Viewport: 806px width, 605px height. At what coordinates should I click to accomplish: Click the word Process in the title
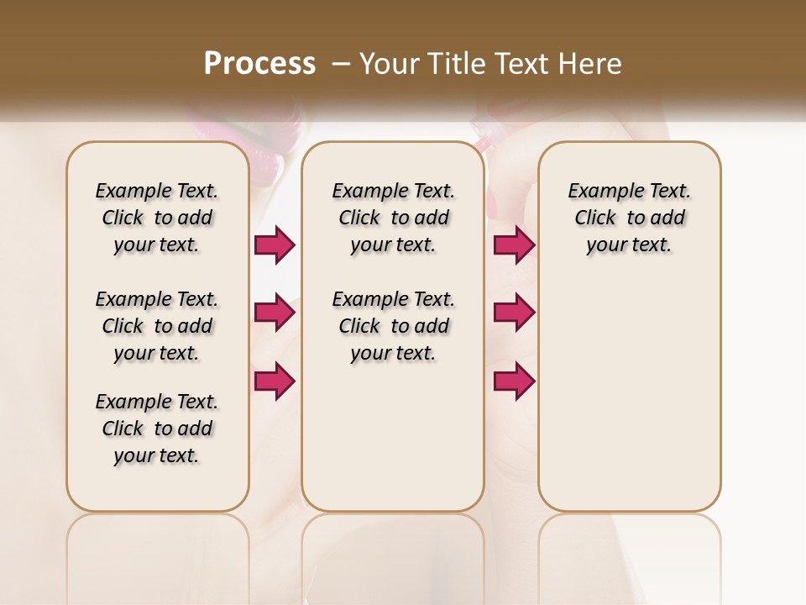259,63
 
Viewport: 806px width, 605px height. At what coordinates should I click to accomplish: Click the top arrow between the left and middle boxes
275,245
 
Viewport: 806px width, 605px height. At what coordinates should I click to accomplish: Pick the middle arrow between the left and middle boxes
275,313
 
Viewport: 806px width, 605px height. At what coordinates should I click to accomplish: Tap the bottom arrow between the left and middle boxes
275,381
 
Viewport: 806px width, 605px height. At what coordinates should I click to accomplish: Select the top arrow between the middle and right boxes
514,245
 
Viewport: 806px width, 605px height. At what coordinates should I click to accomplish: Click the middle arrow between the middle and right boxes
514,313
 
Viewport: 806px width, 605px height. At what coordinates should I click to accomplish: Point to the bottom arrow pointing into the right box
514,381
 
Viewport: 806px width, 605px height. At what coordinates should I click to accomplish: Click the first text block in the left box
157,218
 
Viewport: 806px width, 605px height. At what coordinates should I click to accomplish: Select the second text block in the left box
157,326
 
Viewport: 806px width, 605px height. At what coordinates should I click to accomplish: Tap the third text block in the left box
157,429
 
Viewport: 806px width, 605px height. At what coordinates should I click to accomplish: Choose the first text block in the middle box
394,218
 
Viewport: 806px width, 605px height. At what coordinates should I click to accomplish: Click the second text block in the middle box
394,326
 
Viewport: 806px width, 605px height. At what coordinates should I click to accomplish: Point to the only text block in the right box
630,218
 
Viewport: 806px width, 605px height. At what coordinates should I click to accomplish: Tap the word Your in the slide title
389,64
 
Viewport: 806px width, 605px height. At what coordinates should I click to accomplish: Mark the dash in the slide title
341,64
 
